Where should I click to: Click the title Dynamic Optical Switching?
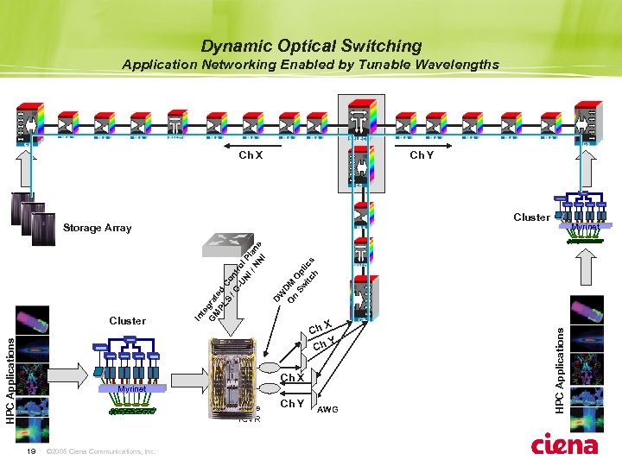click(311, 46)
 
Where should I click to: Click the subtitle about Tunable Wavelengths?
click(311, 65)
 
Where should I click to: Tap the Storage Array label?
click(98, 228)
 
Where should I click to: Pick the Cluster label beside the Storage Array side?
click(128, 320)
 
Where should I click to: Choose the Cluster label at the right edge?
click(531, 217)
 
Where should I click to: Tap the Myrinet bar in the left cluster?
click(128, 390)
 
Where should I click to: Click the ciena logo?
click(565, 444)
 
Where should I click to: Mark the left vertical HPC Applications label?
click(10, 380)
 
